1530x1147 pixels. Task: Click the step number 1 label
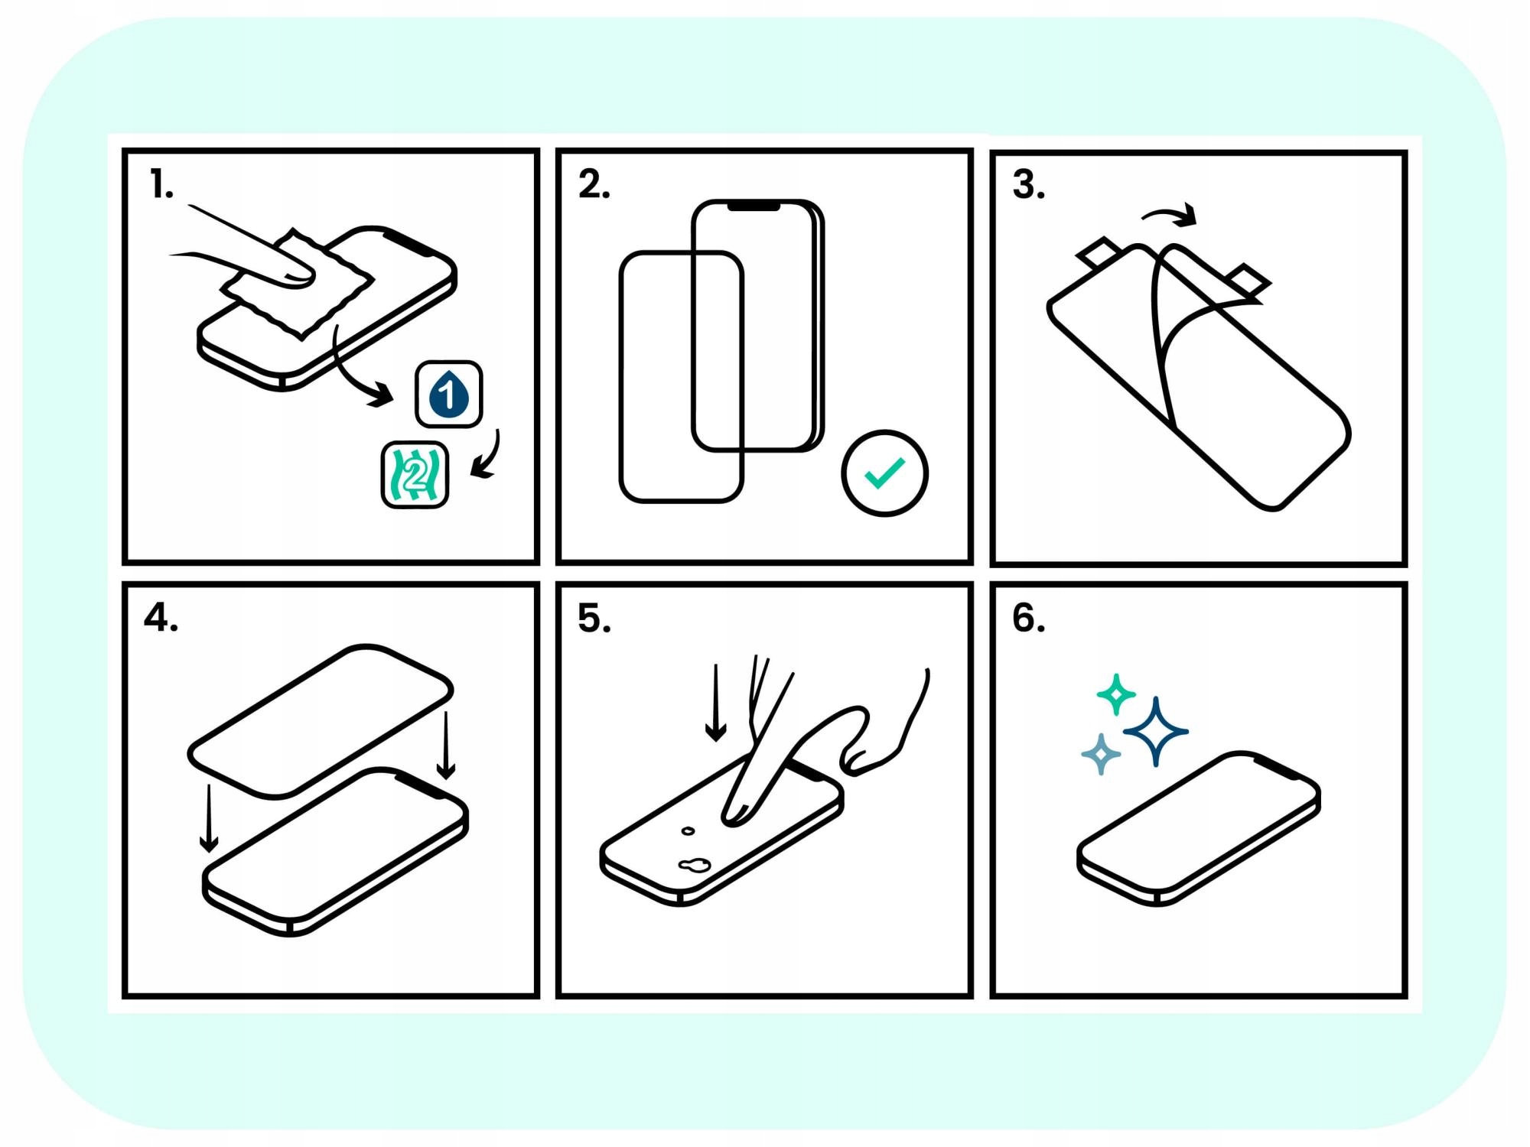(x=161, y=185)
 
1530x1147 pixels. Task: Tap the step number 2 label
(x=594, y=185)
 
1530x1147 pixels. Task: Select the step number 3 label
(x=1028, y=185)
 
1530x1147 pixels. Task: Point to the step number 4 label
(x=161, y=618)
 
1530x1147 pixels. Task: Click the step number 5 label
(x=594, y=618)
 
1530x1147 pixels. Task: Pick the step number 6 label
(x=1028, y=618)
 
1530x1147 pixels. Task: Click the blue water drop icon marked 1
(x=449, y=394)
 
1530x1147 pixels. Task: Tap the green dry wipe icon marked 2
(x=415, y=475)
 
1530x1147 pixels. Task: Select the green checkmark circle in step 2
(x=884, y=473)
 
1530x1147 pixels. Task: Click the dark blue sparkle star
(x=1156, y=732)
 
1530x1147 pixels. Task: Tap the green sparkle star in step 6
(x=1116, y=694)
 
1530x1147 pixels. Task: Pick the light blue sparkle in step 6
(x=1101, y=755)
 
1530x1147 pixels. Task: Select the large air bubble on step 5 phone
(x=694, y=865)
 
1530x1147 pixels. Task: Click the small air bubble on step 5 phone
(x=688, y=830)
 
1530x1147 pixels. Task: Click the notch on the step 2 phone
(x=754, y=206)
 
